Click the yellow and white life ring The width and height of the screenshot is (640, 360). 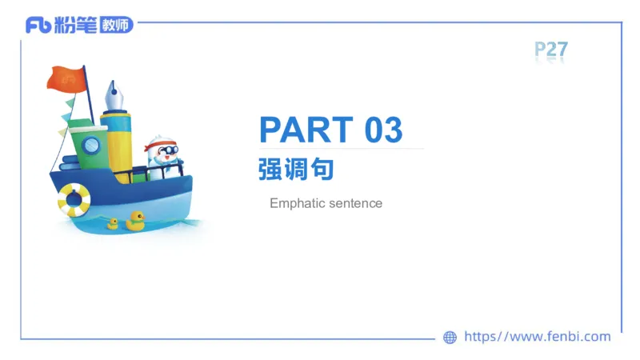coord(74,199)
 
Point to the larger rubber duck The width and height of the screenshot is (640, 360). coord(135,221)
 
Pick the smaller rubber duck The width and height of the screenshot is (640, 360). coord(113,224)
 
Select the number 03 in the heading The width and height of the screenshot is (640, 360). coord(383,130)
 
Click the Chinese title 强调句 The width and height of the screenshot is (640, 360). coord(295,170)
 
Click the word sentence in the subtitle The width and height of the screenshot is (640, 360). coord(355,203)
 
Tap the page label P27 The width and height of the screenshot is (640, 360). coord(551,50)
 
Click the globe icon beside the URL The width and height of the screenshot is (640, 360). coord(450,338)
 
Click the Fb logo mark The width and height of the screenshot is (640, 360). coord(38,25)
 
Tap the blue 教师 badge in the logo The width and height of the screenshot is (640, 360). coord(117,25)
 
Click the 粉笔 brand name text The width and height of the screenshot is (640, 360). coord(75,25)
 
